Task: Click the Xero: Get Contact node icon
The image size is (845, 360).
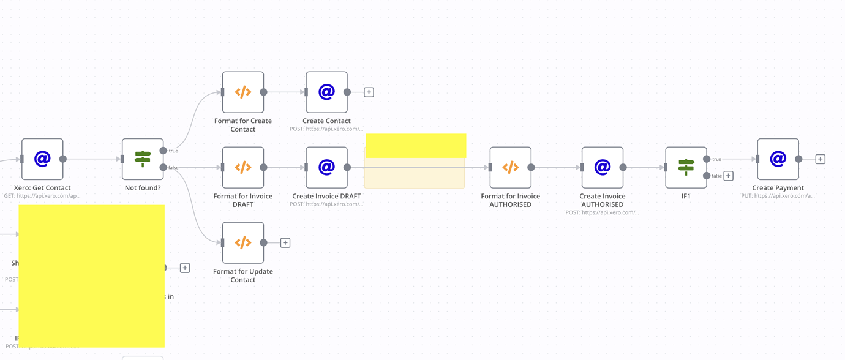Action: (x=42, y=159)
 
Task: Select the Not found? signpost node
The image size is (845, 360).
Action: (x=143, y=159)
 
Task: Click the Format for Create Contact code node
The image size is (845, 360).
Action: (x=243, y=92)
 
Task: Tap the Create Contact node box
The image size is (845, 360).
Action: (x=326, y=92)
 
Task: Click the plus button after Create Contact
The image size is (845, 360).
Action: (x=369, y=92)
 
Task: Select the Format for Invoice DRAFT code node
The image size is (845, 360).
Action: (x=243, y=167)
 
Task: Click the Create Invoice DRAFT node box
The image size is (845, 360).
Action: (x=326, y=167)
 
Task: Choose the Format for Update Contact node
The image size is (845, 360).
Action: (x=243, y=243)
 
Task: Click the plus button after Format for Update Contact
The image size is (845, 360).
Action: (x=285, y=243)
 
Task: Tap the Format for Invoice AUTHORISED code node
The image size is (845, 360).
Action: (x=510, y=167)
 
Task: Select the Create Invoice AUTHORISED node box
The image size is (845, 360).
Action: (x=603, y=167)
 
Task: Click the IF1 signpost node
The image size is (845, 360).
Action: (x=686, y=167)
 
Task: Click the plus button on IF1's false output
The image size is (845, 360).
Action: (x=729, y=176)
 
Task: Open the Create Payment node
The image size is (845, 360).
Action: (x=778, y=159)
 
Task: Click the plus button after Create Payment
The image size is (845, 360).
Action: (x=820, y=159)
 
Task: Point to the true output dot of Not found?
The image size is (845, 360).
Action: (x=163, y=151)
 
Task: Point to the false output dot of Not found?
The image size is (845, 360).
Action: (x=163, y=167)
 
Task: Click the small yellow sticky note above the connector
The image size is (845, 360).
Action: (x=416, y=146)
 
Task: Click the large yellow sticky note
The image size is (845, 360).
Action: (x=92, y=276)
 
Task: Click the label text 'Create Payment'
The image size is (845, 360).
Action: (x=778, y=188)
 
